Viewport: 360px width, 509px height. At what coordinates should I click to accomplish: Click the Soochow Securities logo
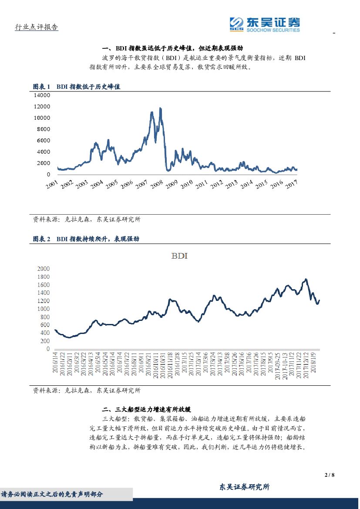[265, 24]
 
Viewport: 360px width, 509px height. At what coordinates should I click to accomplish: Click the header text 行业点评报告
[37, 27]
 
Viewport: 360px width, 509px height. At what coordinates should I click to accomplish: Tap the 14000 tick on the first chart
[42, 95]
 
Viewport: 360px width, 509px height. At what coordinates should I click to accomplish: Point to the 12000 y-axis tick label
[42, 106]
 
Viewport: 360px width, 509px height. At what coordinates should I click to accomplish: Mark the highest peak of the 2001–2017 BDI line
[161, 108]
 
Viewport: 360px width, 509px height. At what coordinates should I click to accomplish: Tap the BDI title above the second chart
[179, 256]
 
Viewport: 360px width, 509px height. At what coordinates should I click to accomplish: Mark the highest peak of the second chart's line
[306, 279]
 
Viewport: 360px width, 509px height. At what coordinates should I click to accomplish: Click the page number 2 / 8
[330, 475]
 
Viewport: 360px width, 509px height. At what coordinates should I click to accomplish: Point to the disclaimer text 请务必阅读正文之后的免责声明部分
[52, 494]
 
